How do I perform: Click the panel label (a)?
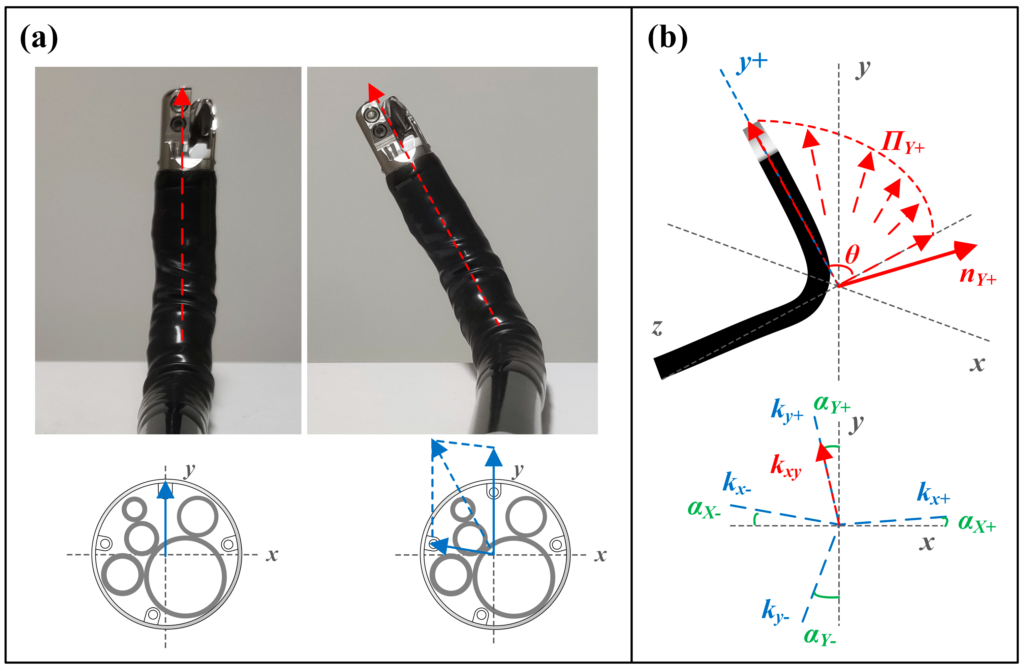(39, 39)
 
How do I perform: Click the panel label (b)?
(667, 39)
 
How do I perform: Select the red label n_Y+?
(977, 275)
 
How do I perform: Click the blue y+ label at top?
(752, 63)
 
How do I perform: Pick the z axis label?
(657, 328)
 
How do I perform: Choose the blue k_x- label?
(737, 483)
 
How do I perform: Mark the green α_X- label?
(704, 510)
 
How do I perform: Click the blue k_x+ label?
(933, 493)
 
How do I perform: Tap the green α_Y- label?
(819, 636)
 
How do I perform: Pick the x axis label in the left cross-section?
(272, 555)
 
